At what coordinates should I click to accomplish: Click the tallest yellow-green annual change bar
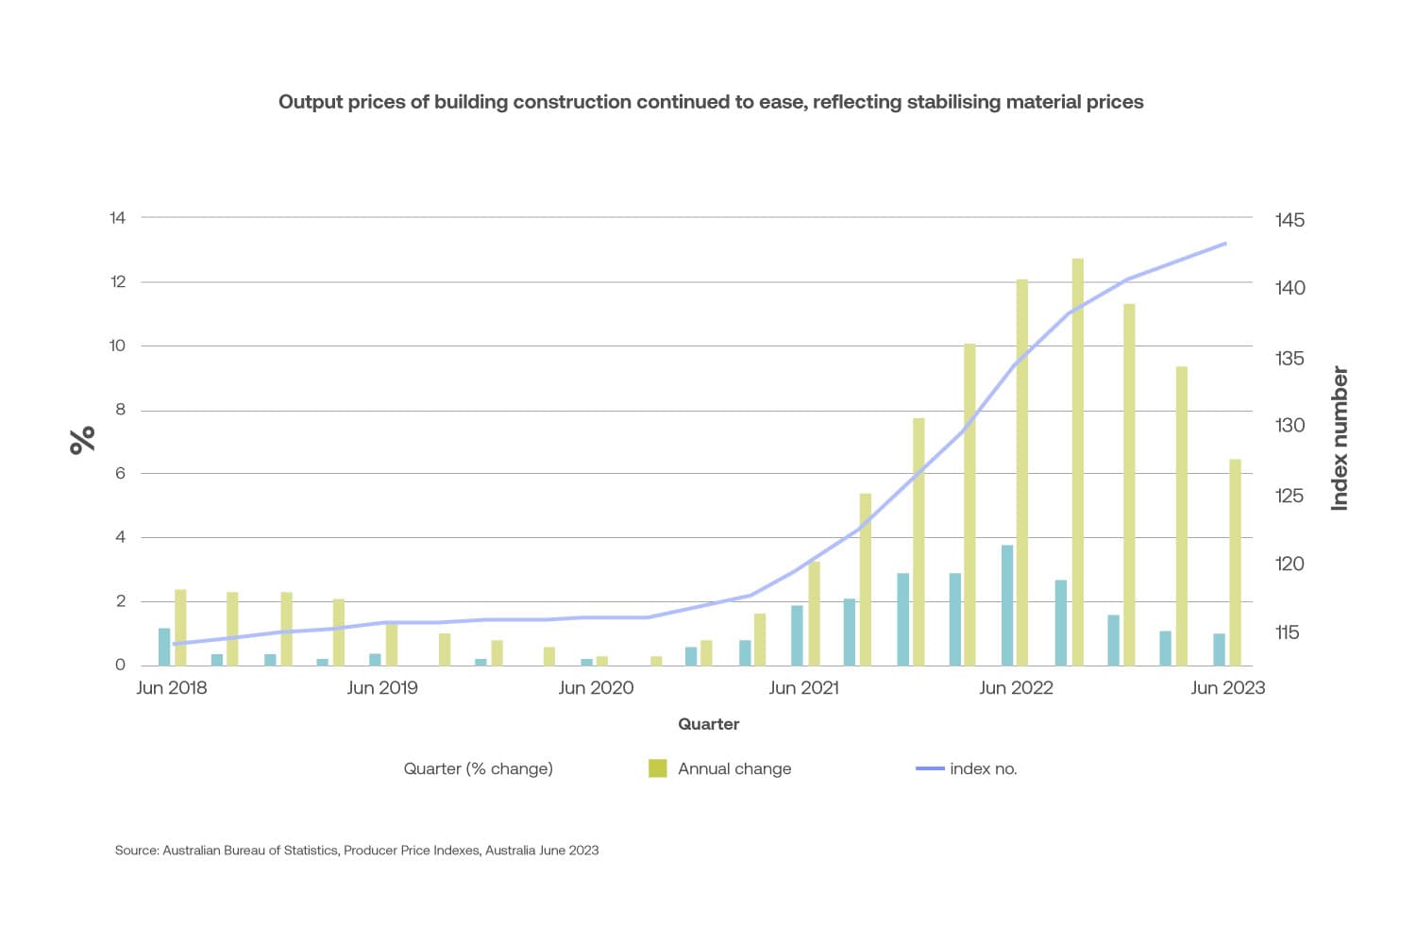[1077, 463]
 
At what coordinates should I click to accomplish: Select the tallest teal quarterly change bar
[1007, 605]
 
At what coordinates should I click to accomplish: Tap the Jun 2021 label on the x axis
[803, 688]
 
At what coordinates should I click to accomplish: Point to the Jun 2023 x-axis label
[1227, 688]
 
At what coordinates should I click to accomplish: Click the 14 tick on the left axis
[117, 218]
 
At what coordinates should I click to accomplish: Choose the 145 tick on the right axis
[1290, 220]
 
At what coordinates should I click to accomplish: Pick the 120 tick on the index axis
[1290, 564]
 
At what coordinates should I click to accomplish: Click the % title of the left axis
[83, 440]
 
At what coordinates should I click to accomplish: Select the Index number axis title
[1340, 439]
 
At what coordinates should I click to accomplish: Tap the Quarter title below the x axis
[708, 724]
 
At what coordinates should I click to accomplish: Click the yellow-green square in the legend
[657, 768]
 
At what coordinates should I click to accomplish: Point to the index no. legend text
[983, 768]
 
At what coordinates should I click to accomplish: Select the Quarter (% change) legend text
[478, 768]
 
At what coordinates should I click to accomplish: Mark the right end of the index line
[1225, 244]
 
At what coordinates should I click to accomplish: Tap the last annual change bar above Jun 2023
[1235, 562]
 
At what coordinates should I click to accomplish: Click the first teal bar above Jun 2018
[164, 647]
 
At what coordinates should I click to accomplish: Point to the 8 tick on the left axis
[120, 410]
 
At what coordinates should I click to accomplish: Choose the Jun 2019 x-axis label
[381, 688]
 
